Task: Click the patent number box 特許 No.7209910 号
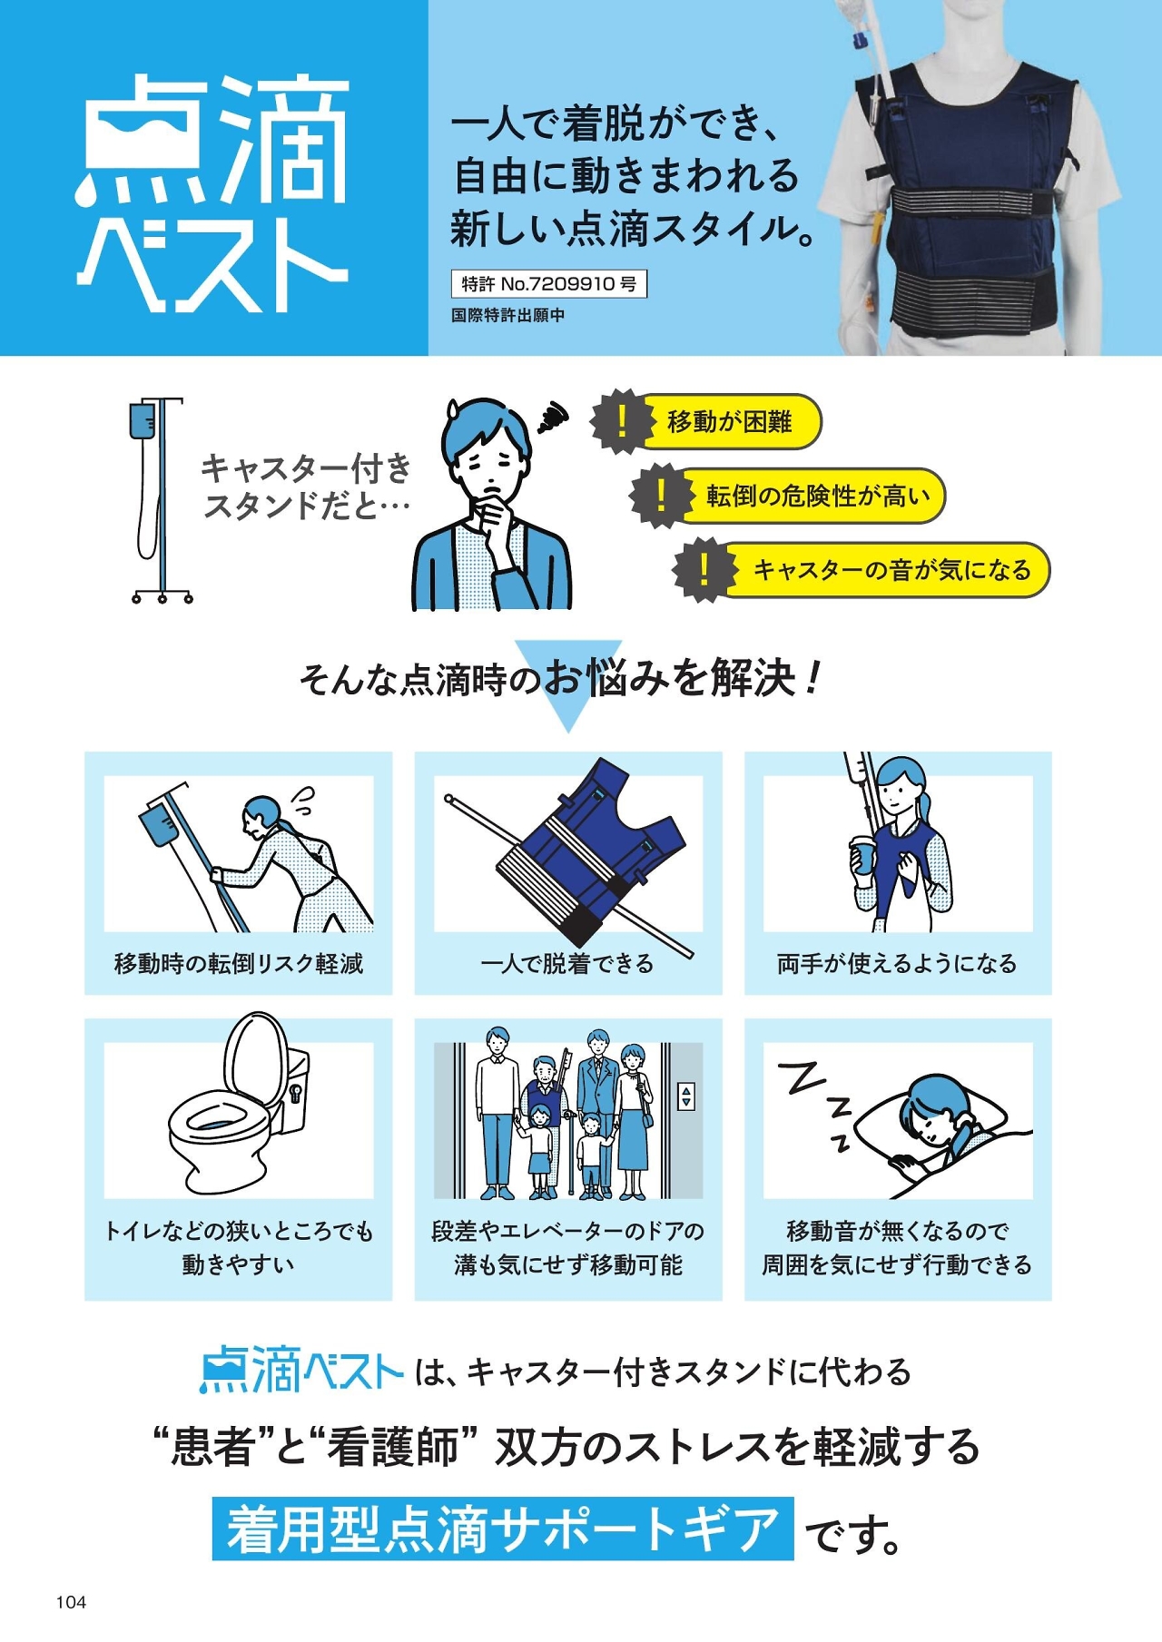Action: pos(549,284)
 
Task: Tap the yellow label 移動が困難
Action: pos(729,421)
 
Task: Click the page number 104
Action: pos(71,1602)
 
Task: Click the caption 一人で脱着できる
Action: pos(567,963)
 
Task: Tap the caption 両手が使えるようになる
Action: pos(897,963)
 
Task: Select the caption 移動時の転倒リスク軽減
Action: pos(239,963)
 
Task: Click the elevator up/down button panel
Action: pos(686,1096)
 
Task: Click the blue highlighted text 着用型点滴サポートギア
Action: pos(503,1529)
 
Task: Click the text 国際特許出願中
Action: pos(507,315)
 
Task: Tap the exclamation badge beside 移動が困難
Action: pos(622,421)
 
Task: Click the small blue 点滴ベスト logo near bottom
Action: pos(300,1370)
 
